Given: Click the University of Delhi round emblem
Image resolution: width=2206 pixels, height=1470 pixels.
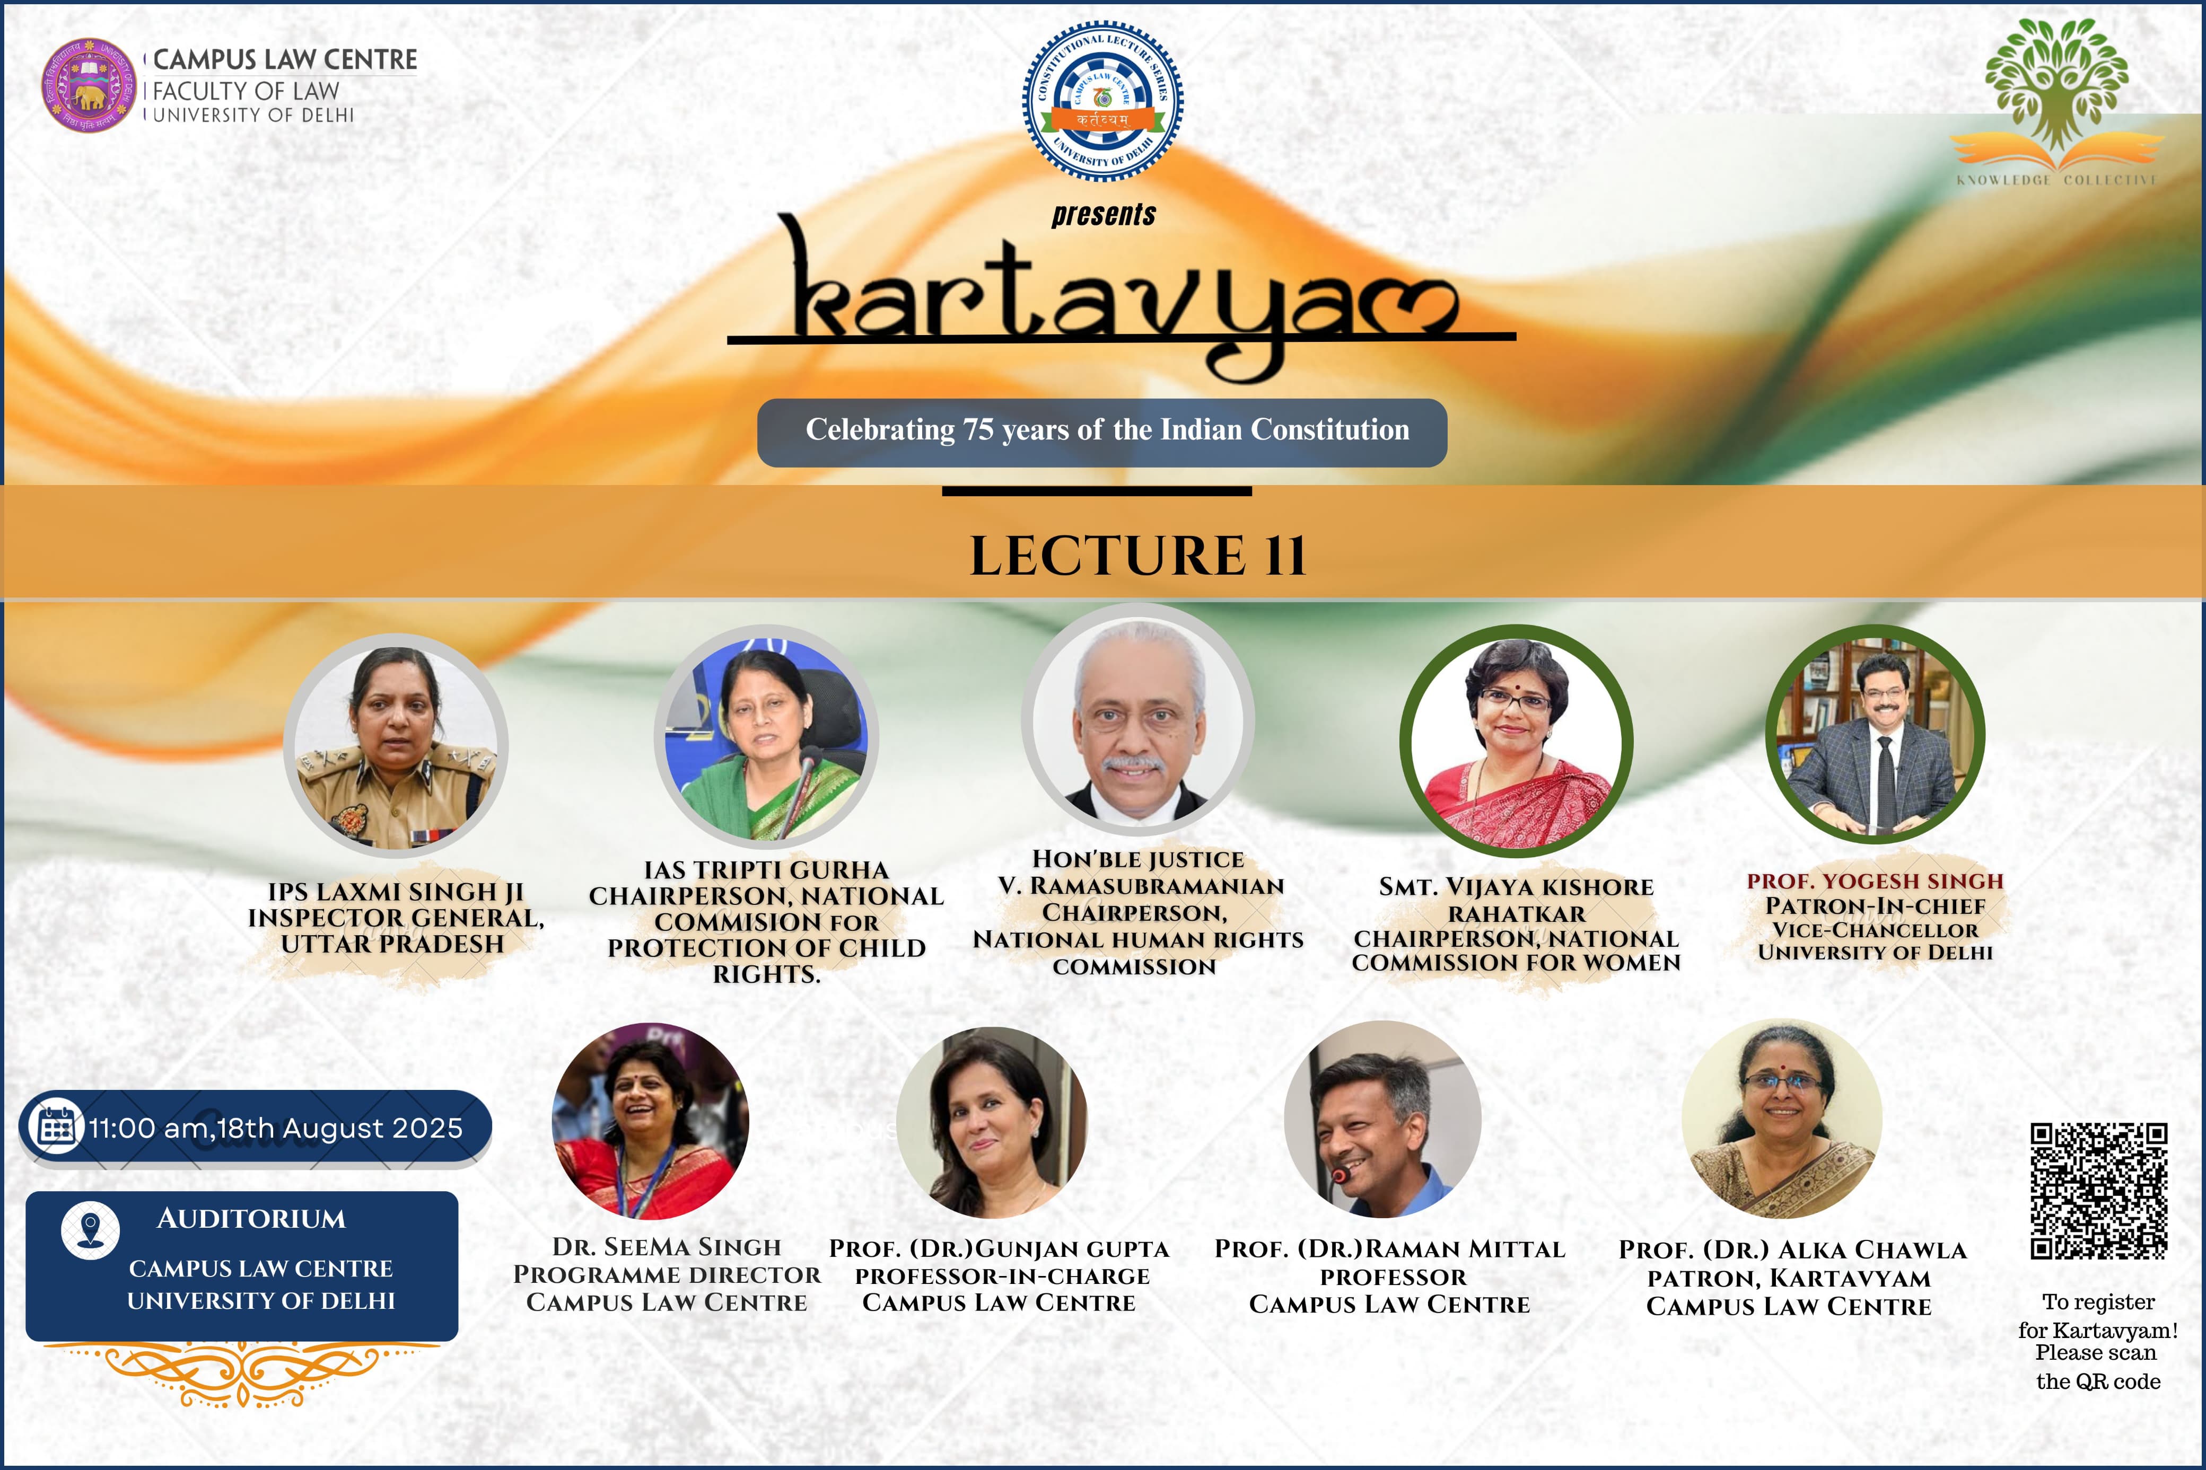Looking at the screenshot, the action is pos(89,85).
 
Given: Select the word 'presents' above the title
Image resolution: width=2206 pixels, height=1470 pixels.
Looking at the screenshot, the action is pos(1104,215).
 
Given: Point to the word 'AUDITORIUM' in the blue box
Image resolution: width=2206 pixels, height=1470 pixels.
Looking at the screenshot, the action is pos(251,1219).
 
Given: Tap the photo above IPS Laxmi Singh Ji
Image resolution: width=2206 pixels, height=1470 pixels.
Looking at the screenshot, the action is pos(396,746).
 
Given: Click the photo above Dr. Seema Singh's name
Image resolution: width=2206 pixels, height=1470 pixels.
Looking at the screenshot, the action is pos(651,1120).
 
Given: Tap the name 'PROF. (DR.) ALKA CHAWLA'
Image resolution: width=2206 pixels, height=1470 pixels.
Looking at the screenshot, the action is pos(1792,1249).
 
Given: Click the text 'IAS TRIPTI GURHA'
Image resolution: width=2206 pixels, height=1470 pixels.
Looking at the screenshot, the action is pos(766,870).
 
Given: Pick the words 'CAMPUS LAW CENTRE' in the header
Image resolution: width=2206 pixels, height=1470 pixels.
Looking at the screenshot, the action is pos(285,59).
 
